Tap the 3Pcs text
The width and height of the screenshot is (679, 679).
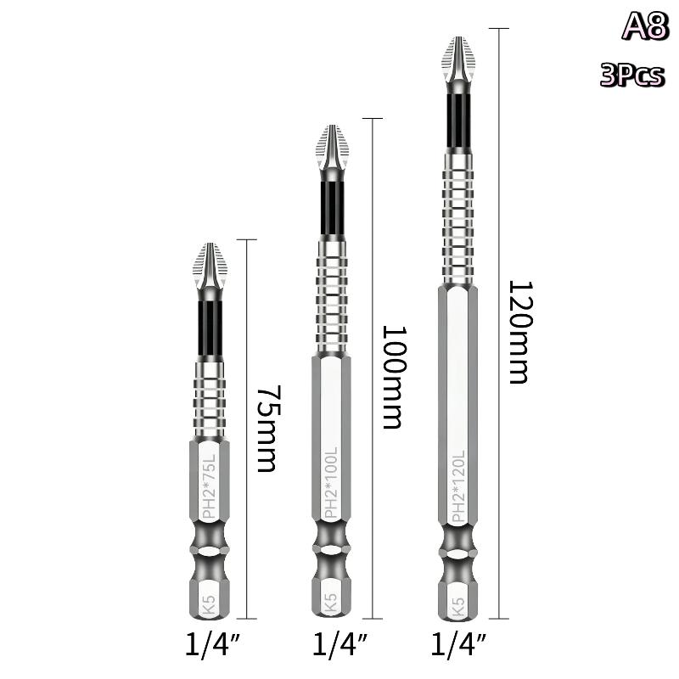click(x=631, y=75)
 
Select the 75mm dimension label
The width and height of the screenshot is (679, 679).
click(x=268, y=429)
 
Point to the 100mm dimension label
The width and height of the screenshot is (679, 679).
click(x=394, y=377)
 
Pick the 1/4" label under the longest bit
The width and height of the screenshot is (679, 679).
click(x=458, y=644)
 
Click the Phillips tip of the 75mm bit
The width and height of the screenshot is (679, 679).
click(x=210, y=266)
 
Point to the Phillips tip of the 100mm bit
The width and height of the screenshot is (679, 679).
click(x=332, y=147)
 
